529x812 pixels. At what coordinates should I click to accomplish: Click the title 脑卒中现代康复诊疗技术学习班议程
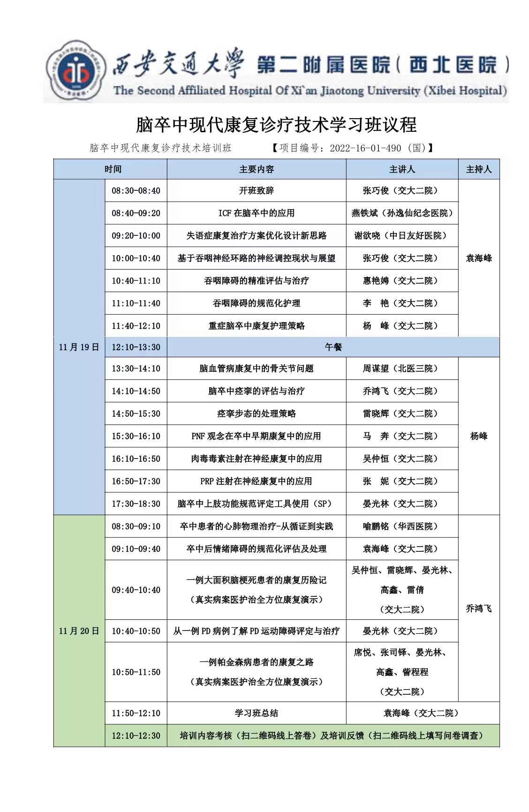click(x=276, y=125)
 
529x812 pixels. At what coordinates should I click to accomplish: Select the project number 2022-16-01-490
click(x=365, y=149)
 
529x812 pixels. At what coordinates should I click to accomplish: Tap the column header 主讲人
click(x=402, y=169)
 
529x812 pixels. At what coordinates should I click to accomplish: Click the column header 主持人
click(x=478, y=169)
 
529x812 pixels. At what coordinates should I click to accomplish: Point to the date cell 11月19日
click(x=79, y=347)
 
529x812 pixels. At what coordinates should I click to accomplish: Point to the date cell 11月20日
click(x=79, y=631)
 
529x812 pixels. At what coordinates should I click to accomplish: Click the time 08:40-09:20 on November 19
click(x=136, y=213)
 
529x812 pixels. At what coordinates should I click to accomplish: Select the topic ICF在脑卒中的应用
click(x=256, y=213)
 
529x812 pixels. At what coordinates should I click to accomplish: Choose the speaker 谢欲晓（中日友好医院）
click(x=402, y=236)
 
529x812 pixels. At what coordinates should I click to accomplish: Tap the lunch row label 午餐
click(x=333, y=347)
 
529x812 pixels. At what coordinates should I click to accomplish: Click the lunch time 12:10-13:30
click(x=136, y=347)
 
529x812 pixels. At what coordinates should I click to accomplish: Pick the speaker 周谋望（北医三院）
click(x=402, y=369)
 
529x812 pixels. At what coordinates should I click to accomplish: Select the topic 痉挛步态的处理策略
click(x=256, y=414)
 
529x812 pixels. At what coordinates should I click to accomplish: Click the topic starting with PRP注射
click(x=256, y=481)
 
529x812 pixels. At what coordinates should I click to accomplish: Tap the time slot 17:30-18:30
click(x=136, y=504)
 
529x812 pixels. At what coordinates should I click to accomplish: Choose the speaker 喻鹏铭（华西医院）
click(x=402, y=526)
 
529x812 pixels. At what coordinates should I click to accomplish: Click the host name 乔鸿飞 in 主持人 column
click(x=478, y=609)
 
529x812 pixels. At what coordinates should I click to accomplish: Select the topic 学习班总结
click(x=256, y=714)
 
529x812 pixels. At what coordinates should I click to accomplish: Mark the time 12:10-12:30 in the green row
click(x=136, y=736)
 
